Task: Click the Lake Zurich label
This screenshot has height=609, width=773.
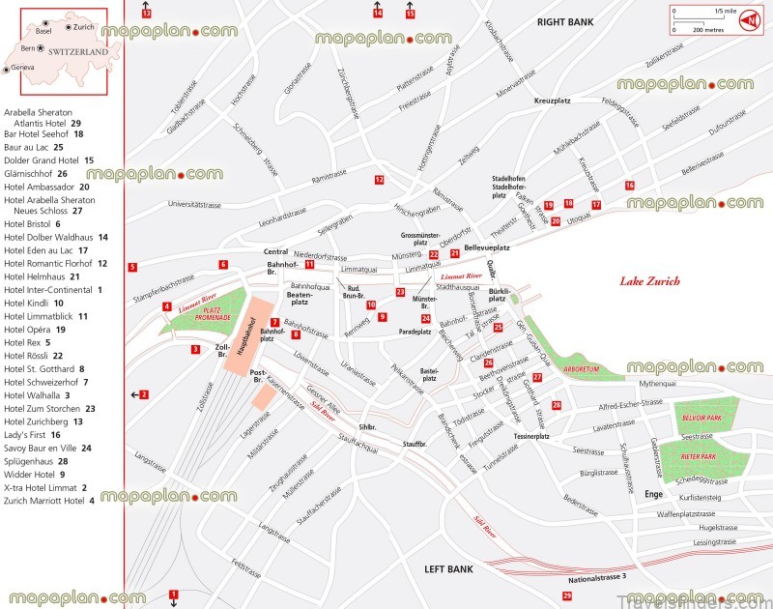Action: point(649,282)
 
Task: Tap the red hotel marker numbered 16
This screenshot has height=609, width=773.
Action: point(629,185)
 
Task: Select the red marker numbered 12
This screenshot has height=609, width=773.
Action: point(380,180)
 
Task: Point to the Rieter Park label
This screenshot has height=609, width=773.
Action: point(698,456)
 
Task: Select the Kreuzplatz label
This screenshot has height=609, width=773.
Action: point(553,101)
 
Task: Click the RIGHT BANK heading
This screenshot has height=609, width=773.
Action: point(565,20)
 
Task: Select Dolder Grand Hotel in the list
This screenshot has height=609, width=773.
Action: point(43,159)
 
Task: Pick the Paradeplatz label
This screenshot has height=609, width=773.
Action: point(415,332)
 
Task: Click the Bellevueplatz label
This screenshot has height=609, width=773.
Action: point(487,248)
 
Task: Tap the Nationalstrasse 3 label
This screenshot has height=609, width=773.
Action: point(597,577)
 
